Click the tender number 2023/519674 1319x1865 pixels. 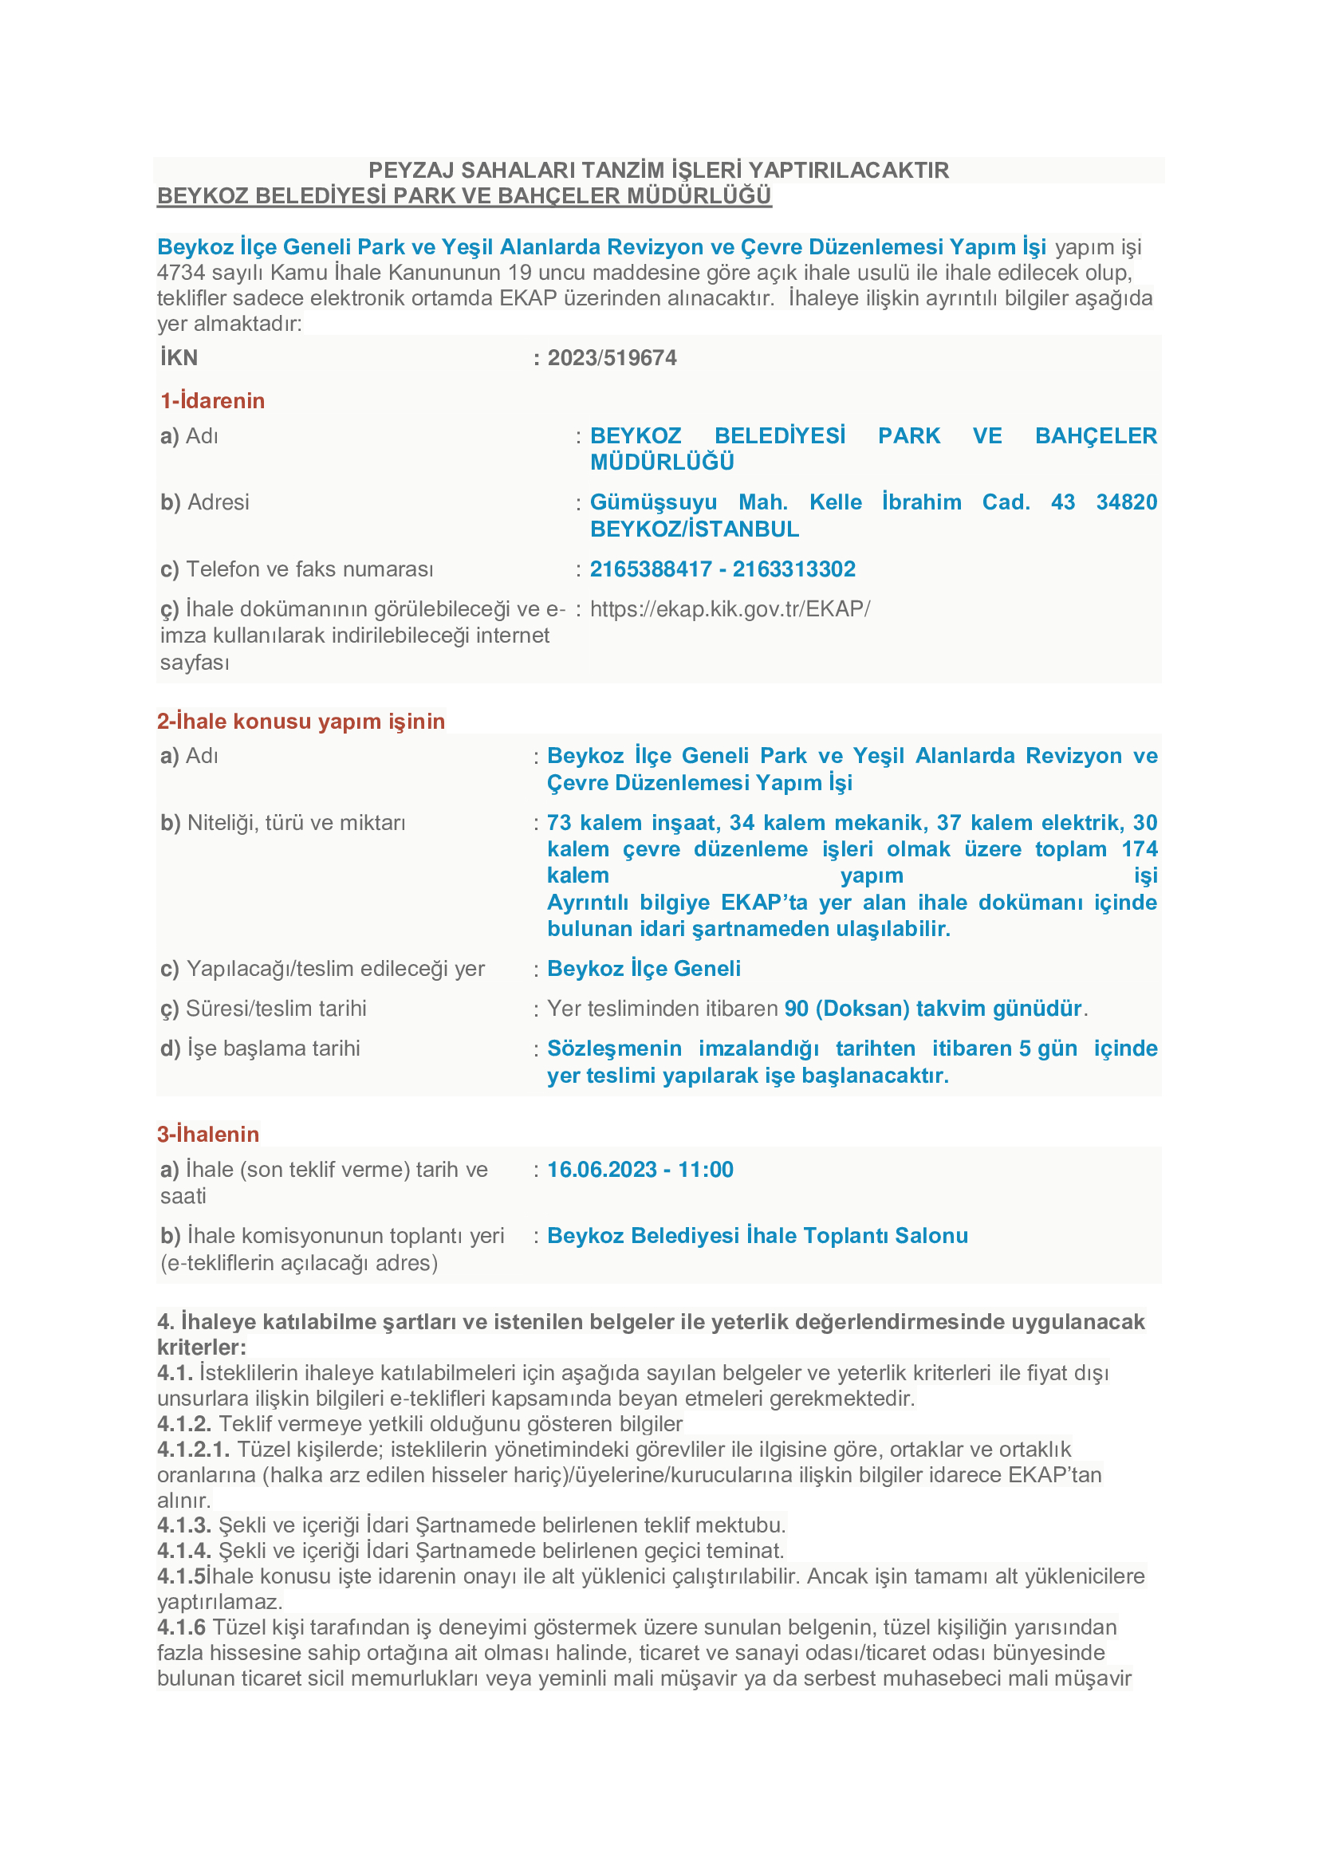click(612, 358)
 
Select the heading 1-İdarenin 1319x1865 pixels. click(213, 400)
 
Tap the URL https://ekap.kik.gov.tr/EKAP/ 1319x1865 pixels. click(730, 609)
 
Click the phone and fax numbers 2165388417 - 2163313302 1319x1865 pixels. click(722, 569)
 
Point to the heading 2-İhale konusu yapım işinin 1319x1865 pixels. click(301, 722)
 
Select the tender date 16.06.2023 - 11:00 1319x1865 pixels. click(640, 1170)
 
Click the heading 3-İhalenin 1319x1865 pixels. click(209, 1134)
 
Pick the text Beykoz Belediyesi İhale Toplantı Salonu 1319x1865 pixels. click(757, 1235)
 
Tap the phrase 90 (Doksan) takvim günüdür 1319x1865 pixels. click(933, 1009)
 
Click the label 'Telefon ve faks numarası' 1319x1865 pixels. click(309, 569)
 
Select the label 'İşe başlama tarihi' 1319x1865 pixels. click(274, 1049)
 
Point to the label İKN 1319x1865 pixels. click(179, 358)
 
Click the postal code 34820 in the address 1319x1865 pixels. click(1127, 502)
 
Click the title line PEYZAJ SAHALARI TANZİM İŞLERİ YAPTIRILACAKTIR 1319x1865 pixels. click(659, 171)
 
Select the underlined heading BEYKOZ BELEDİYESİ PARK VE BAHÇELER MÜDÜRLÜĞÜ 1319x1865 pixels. click(464, 196)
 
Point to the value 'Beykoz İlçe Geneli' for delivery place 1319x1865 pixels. click(644, 969)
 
